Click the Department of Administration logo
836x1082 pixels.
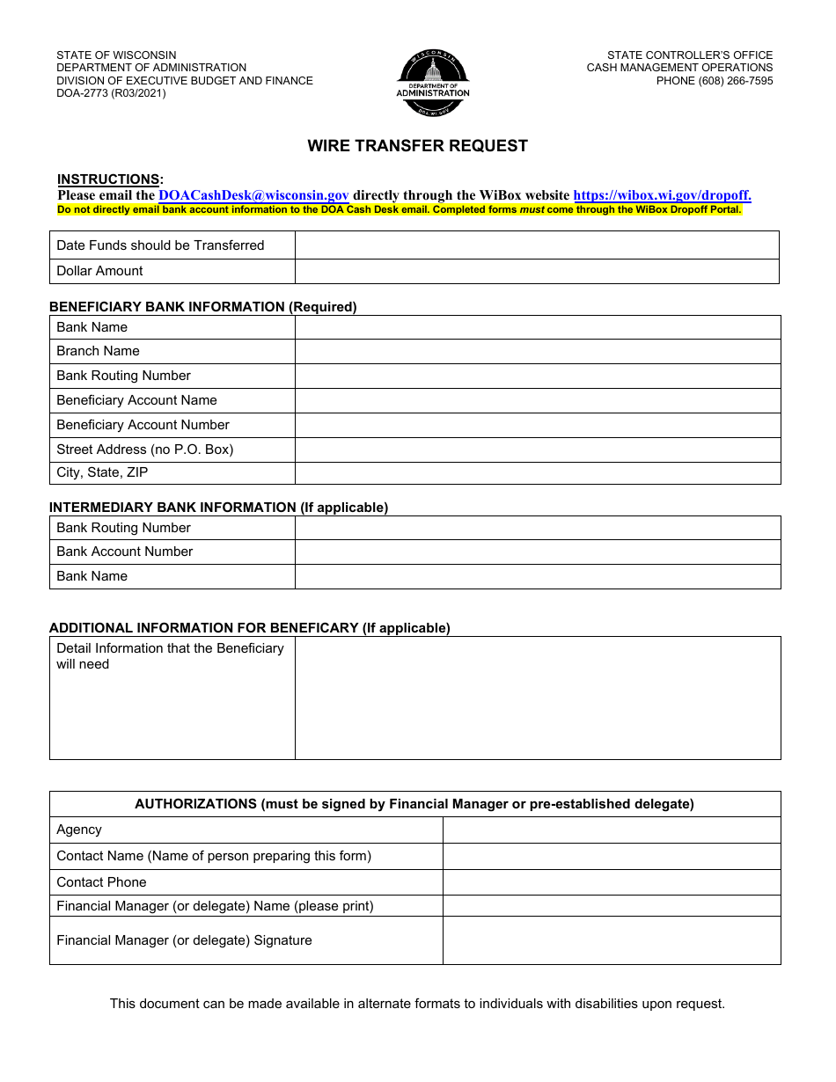pos(432,83)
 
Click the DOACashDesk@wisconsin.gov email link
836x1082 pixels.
pos(253,196)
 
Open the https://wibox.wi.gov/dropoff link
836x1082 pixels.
pos(662,196)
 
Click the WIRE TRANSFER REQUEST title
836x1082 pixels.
pos(417,146)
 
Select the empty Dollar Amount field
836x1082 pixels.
pos(537,271)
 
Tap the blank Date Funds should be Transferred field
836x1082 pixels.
pos(537,245)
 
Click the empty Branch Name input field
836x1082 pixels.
pos(537,351)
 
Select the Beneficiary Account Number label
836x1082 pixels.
pos(143,425)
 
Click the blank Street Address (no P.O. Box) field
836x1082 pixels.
pos(537,450)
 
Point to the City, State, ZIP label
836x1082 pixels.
pos(102,472)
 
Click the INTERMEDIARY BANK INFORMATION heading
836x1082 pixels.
pos(218,508)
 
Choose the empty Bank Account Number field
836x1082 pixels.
pos(537,552)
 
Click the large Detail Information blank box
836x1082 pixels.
pos(537,698)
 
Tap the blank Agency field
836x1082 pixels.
pos(611,830)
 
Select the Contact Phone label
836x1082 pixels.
pos(101,882)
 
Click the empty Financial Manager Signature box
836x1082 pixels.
pos(611,940)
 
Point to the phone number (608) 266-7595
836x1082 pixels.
pos(715,81)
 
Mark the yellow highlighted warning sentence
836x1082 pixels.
pos(400,210)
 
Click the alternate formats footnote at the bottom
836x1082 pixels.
pos(417,1004)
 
